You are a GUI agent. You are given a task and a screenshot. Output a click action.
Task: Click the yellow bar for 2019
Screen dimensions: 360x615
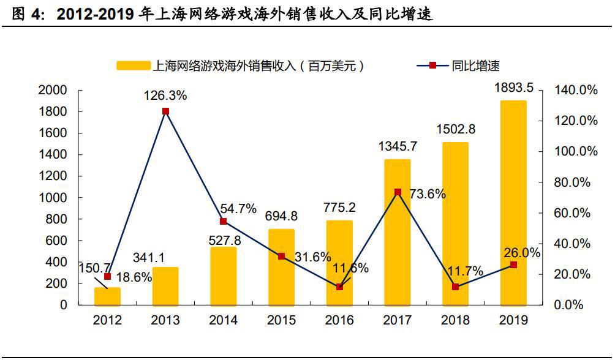[x=513, y=202]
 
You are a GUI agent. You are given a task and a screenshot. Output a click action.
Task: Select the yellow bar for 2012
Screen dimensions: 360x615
[x=107, y=296]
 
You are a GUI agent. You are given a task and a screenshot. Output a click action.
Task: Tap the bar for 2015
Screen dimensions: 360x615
[x=281, y=267]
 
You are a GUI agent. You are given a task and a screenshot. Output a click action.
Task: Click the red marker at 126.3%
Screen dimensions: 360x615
[x=165, y=111]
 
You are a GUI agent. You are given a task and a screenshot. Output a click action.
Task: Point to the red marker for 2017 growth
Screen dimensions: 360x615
[x=398, y=192]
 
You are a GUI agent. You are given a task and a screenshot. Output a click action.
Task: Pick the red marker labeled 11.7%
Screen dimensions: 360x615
[x=455, y=287]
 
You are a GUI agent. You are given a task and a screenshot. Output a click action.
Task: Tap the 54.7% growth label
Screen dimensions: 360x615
[x=238, y=208]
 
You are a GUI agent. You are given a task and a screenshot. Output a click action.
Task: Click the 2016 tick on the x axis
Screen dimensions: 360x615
[x=339, y=320]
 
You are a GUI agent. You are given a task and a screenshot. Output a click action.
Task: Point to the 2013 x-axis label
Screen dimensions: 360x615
[x=165, y=320]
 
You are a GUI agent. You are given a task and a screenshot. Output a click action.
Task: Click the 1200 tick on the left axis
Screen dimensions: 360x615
[x=52, y=176]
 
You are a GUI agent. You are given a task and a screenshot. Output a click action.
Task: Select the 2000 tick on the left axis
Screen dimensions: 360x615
[x=52, y=90]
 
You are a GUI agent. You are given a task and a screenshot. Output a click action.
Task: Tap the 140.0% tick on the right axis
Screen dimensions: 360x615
[x=576, y=90]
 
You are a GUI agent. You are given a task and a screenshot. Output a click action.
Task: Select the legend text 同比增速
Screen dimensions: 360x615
[x=476, y=66]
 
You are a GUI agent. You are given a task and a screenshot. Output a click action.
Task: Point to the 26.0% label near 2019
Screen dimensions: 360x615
[x=522, y=253]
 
